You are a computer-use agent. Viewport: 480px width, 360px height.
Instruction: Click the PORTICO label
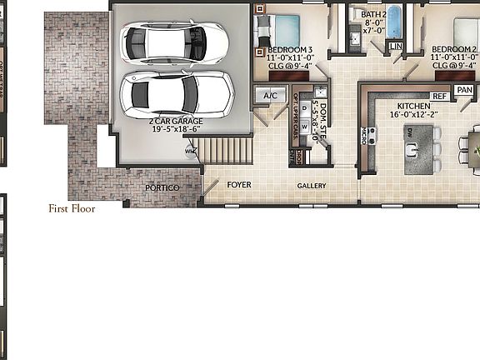[x=162, y=188]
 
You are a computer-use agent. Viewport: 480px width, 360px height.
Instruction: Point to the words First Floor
[x=72, y=208]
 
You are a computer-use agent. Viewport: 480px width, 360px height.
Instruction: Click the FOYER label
[x=239, y=185]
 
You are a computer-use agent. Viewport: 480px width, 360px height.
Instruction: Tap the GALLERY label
[x=312, y=186]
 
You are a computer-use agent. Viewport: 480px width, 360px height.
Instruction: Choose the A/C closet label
[x=270, y=96]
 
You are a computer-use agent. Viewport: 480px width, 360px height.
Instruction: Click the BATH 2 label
[x=373, y=14]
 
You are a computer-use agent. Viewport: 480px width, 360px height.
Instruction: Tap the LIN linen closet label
[x=396, y=45]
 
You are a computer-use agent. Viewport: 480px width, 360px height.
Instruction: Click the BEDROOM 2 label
[x=455, y=49]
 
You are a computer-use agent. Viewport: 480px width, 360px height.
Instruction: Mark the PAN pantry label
[x=465, y=90]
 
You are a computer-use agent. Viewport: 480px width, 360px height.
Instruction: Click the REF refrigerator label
[x=440, y=97]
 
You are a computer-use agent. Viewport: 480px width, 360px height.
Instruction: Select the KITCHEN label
[x=413, y=107]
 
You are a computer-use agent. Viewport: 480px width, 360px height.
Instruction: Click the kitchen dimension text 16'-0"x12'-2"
[x=413, y=117]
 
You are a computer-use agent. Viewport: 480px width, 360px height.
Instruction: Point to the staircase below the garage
[x=227, y=151]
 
